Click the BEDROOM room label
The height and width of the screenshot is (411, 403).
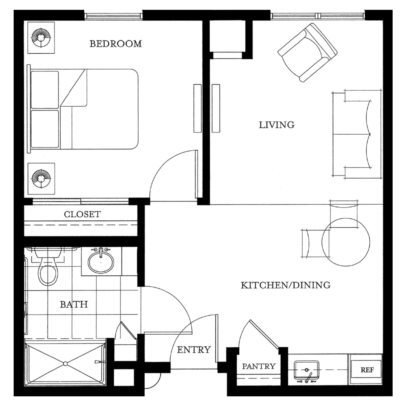click(x=115, y=44)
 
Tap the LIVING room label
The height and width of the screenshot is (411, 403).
click(x=276, y=125)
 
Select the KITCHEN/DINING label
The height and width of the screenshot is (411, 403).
click(x=285, y=285)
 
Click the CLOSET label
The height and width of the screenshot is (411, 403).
click(x=82, y=214)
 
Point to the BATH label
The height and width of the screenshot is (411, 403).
click(x=74, y=304)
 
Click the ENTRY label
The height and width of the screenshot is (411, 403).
click(x=194, y=350)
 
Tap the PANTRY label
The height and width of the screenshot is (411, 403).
click(x=258, y=366)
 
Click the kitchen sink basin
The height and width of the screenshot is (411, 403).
click(x=307, y=370)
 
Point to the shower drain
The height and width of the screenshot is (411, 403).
click(x=65, y=364)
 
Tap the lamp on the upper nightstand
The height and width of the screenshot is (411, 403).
click(x=41, y=38)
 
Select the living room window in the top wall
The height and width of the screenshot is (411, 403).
click(x=317, y=16)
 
